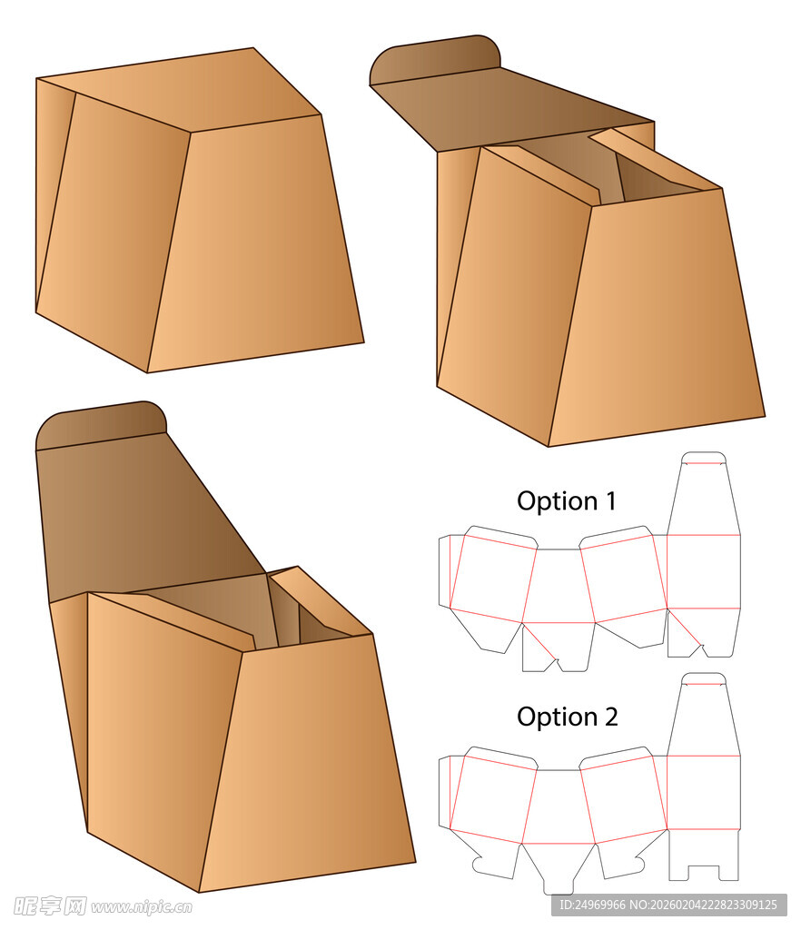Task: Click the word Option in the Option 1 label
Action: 558,501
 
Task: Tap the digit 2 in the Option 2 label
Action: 611,717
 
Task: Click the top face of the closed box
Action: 178,88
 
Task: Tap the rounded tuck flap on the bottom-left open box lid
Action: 101,425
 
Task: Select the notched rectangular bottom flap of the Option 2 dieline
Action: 704,855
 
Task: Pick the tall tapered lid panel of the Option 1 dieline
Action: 704,500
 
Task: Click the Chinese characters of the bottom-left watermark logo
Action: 50,905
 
